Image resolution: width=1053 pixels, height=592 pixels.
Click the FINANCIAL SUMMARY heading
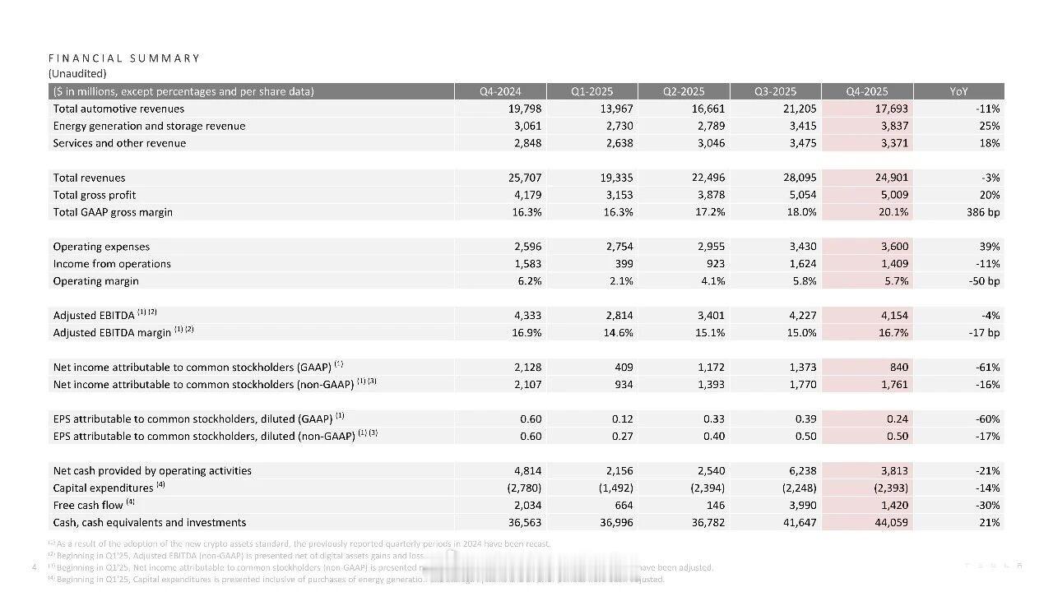pos(124,58)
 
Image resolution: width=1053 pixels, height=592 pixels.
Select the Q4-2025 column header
pos(868,91)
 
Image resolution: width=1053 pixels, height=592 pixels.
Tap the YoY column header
pos(959,91)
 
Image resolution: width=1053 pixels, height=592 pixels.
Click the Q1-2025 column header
pos(592,91)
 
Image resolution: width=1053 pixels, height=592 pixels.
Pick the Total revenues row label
pos(89,178)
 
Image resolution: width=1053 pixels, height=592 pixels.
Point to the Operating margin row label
pos(95,281)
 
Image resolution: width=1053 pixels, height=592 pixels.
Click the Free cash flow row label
pos(88,505)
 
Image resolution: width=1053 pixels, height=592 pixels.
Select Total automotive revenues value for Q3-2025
pos(799,109)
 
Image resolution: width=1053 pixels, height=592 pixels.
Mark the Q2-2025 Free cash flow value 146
pos(715,505)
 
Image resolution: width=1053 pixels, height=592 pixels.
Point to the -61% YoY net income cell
pos(987,368)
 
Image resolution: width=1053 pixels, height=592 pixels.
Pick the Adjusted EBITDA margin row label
pos(112,333)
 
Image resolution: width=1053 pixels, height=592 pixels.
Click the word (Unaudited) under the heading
pos(77,74)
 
